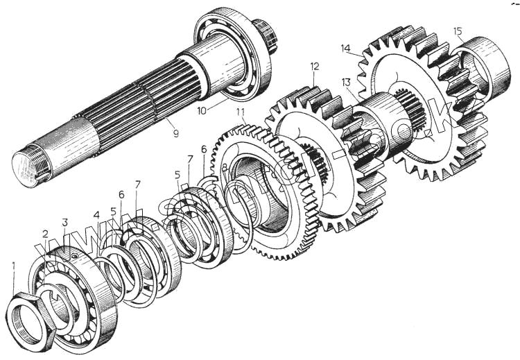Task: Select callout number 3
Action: coord(64,222)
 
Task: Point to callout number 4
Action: coord(96,214)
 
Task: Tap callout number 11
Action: coord(241,112)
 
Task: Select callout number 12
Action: coord(315,67)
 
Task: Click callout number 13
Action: coord(346,83)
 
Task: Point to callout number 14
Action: coord(346,48)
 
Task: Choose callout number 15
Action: coord(457,31)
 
